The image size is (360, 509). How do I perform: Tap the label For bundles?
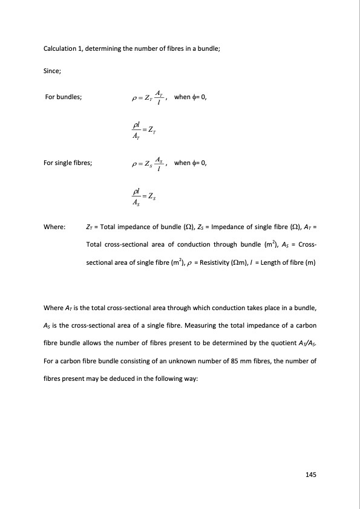click(65, 97)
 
